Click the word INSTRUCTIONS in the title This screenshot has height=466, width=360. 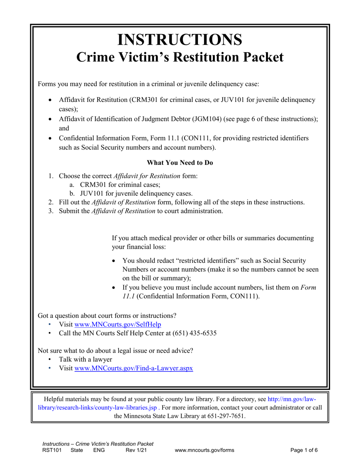(x=180, y=39)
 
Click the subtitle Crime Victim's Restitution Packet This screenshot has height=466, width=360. (x=180, y=57)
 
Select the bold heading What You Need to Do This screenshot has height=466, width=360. (x=180, y=163)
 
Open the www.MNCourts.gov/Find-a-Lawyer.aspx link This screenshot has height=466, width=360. (x=134, y=368)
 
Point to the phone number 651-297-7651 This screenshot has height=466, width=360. (x=225, y=416)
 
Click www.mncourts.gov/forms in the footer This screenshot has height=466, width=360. (x=205, y=450)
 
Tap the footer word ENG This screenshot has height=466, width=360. (x=99, y=450)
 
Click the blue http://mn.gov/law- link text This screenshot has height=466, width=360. (x=292, y=399)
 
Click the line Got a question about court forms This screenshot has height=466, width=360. (x=107, y=315)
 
